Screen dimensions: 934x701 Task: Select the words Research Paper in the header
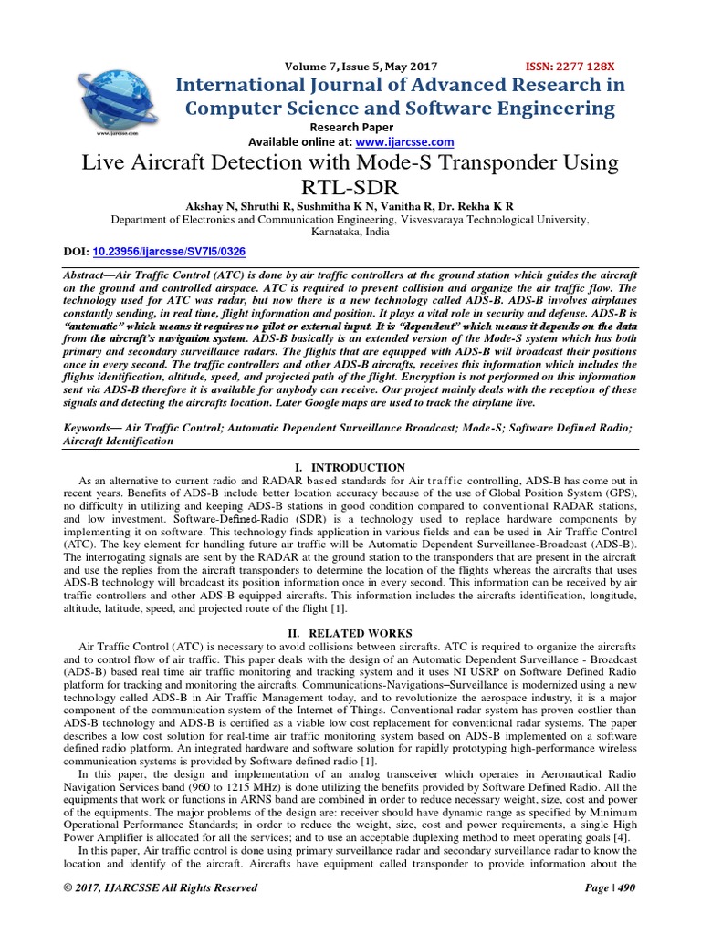352,127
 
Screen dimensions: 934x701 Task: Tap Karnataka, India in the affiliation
350,233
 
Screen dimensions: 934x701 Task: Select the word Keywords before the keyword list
89,427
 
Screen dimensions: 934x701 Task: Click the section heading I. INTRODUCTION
350,467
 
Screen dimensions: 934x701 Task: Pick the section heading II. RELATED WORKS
350,633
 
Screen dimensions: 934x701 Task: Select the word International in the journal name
239,85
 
